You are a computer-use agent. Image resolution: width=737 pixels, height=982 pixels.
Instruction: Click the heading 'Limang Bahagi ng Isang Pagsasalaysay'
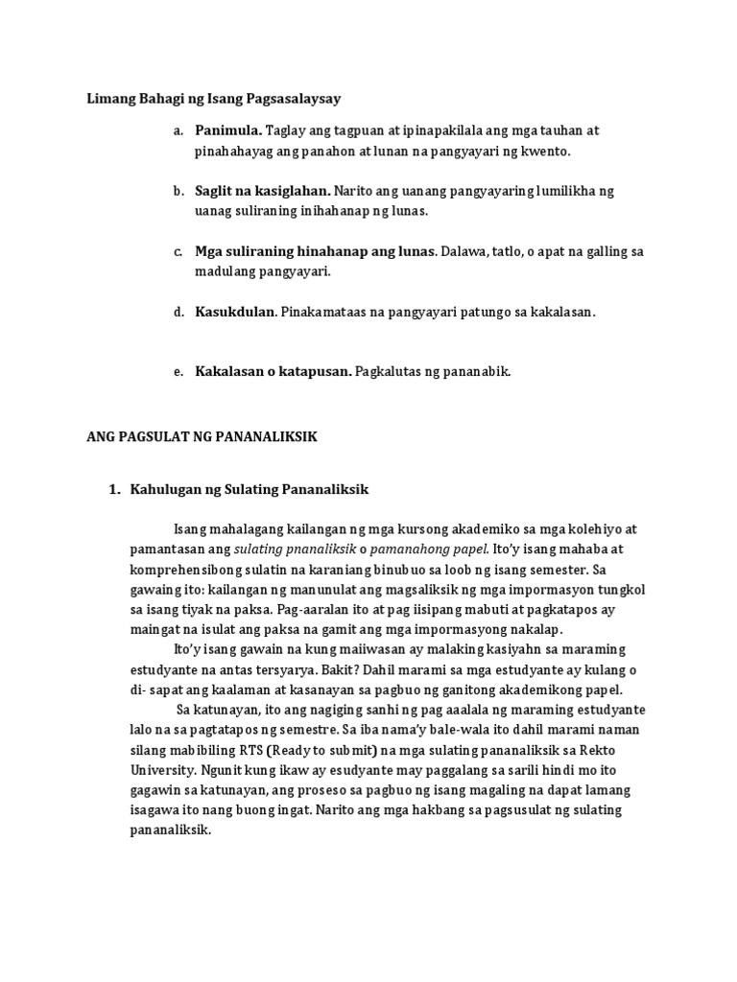(214, 98)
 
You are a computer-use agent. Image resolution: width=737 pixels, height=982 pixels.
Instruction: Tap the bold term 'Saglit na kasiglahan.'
(262, 191)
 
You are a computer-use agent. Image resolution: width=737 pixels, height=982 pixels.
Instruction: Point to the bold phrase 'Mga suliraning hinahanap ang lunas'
(315, 251)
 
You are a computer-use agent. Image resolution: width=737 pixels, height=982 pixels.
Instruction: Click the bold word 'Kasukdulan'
(235, 312)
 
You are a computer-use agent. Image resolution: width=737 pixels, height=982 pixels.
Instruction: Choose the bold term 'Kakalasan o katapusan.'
(273, 371)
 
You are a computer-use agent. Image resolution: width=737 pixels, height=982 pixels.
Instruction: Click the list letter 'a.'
(178, 129)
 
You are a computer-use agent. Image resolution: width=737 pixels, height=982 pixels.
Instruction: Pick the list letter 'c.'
(178, 251)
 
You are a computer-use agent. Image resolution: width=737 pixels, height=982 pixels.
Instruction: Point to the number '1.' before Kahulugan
(115, 490)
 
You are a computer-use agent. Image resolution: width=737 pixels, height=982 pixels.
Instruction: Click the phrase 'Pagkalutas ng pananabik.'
(433, 371)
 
